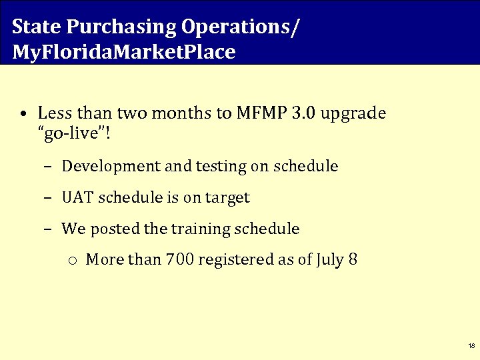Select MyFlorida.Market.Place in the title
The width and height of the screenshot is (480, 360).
124,52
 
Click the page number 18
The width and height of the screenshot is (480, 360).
471,346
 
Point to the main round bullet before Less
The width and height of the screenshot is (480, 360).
23,114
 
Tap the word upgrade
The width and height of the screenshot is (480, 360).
353,113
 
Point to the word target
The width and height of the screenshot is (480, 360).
227,198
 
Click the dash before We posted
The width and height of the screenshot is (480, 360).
49,229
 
